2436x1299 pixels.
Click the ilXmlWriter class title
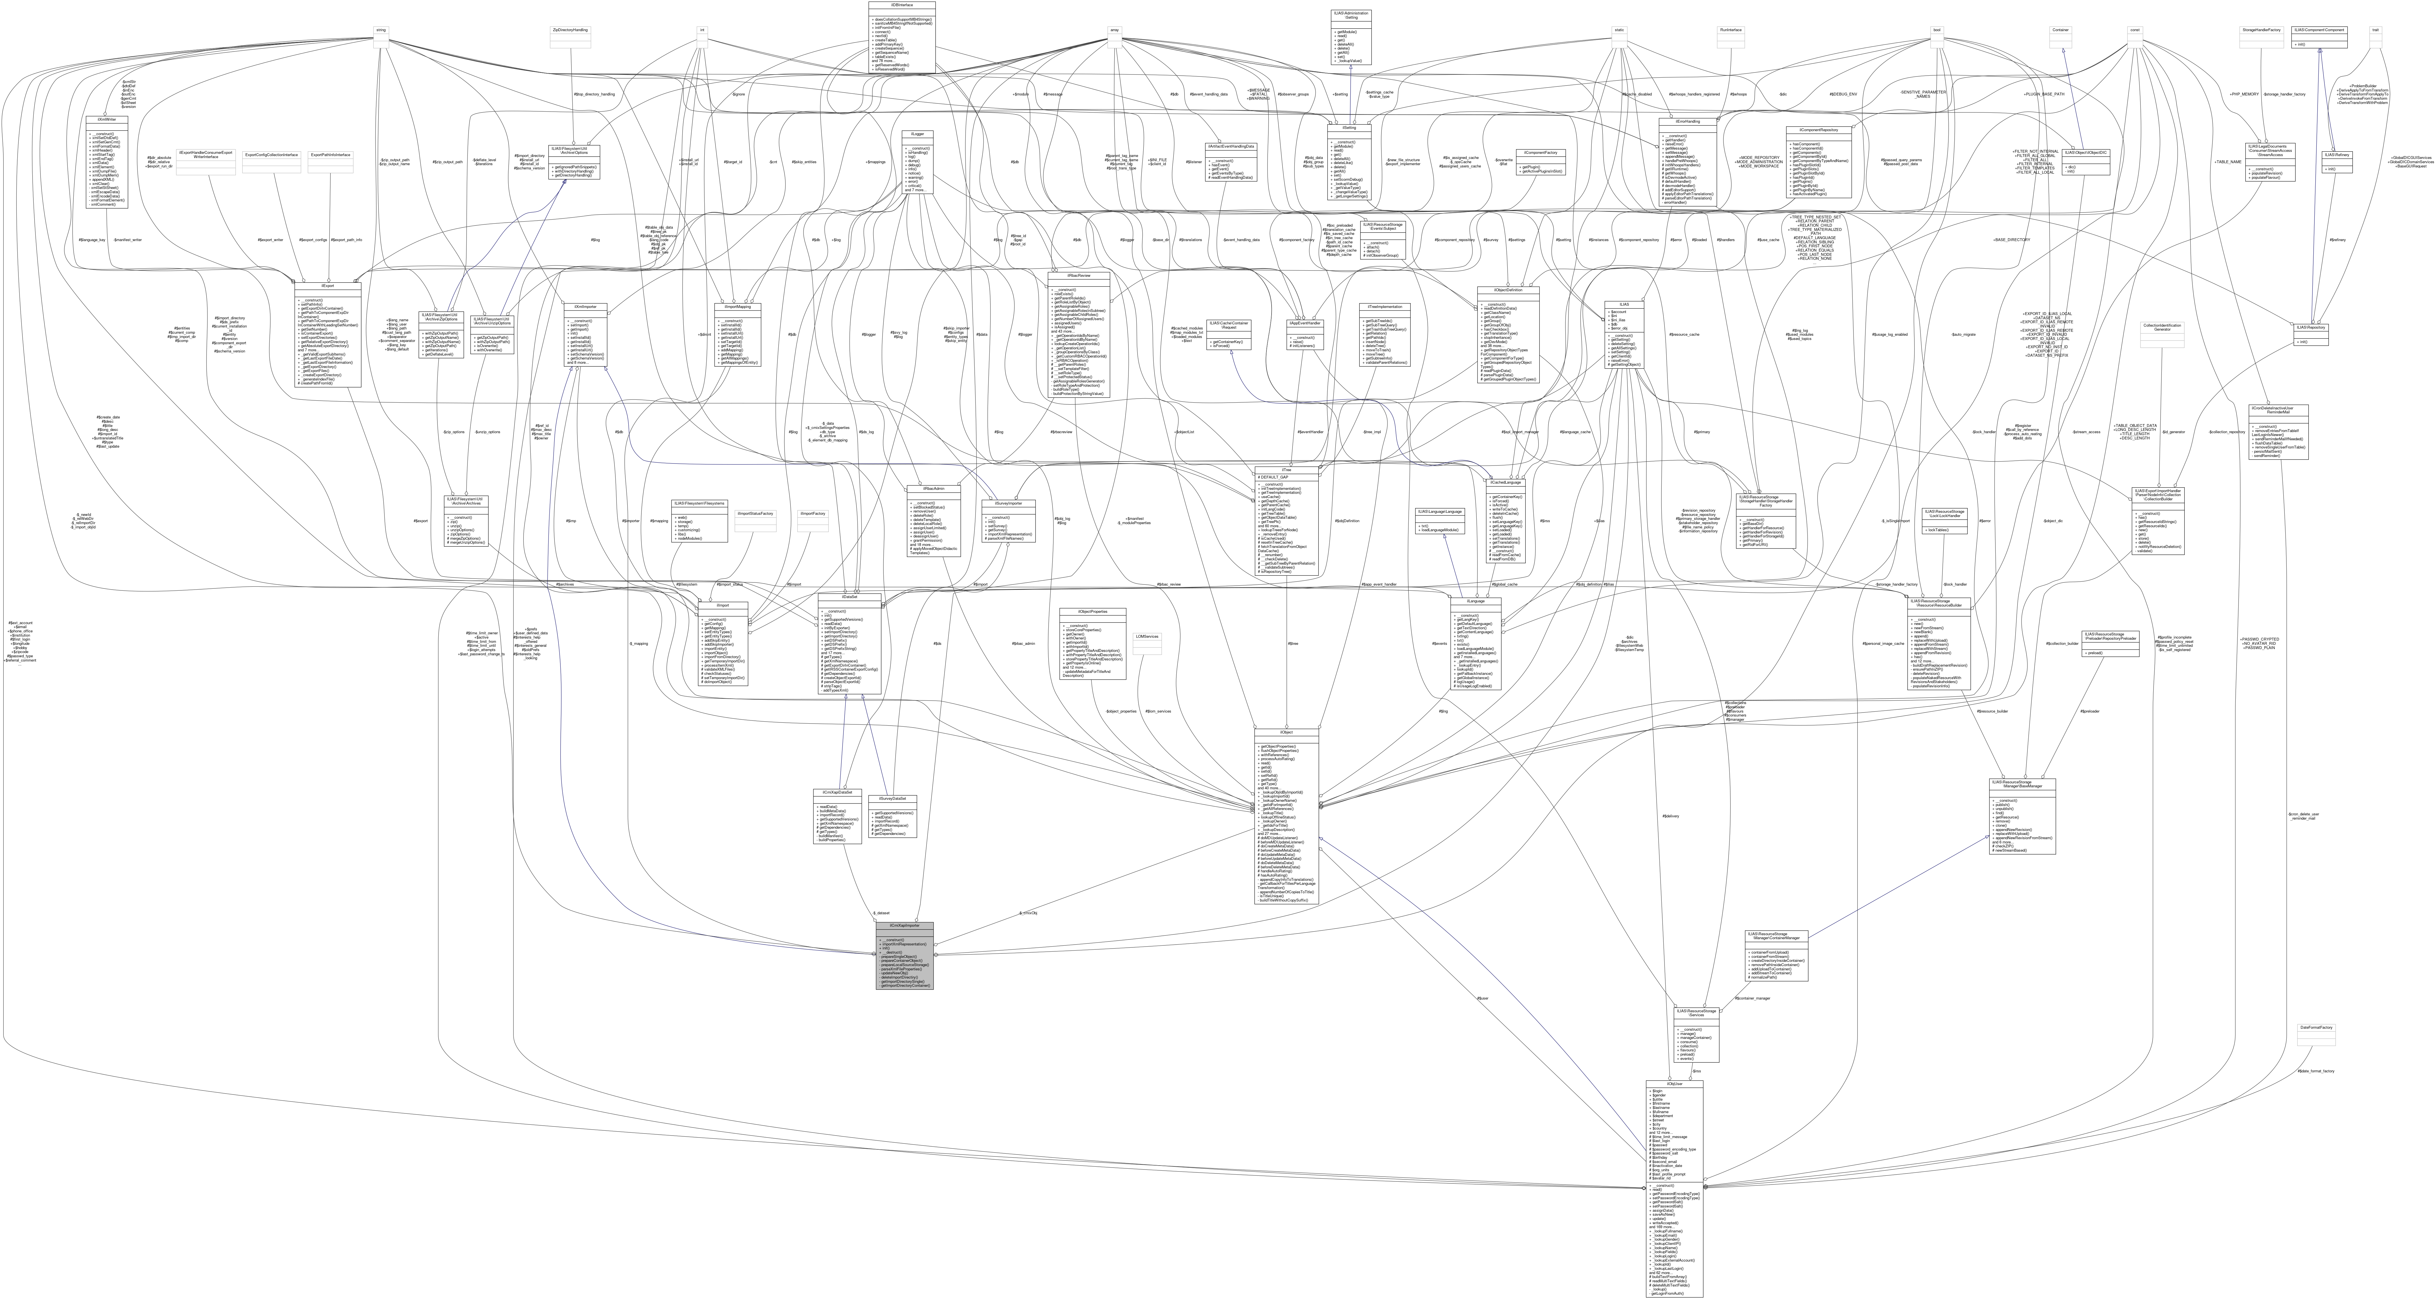107,119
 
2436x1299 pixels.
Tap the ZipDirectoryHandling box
570,30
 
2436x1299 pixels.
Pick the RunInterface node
1731,30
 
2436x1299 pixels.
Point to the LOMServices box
1147,636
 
